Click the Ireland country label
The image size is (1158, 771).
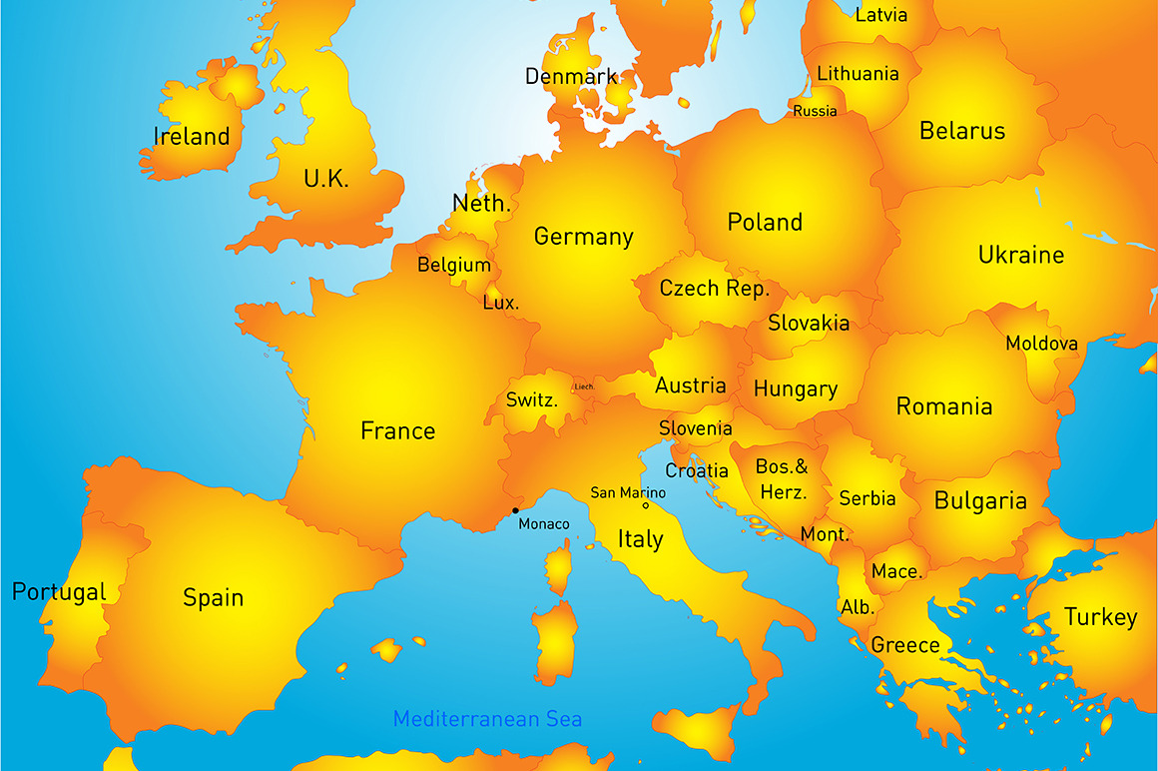192,137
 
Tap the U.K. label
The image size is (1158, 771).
326,180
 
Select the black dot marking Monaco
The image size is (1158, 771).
515,511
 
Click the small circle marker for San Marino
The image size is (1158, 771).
645,505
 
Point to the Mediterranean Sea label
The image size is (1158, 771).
487,719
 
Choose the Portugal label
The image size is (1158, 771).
59,592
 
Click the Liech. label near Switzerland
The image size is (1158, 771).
583,386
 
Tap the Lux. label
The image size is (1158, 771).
500,302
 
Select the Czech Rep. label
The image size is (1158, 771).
715,289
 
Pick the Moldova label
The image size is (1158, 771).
1041,344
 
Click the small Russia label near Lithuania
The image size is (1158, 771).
815,111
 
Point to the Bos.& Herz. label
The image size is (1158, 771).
782,479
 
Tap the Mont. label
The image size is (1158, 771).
825,534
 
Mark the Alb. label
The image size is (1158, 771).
858,607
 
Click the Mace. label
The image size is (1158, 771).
896,571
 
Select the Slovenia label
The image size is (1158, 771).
696,428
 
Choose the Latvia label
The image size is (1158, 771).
881,15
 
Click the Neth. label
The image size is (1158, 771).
482,204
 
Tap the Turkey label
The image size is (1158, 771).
1100,617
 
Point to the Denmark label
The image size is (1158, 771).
571,77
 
